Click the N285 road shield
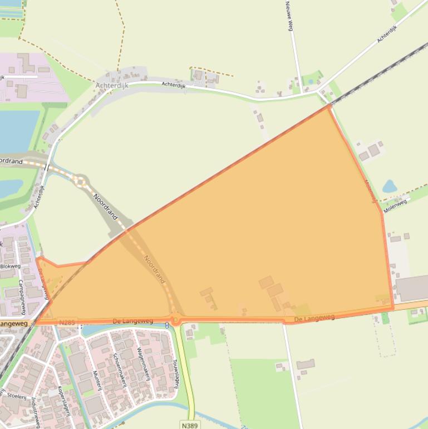coord(67,322)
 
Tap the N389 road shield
coord(190,425)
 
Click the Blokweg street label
coord(9,266)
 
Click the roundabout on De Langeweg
coord(176,320)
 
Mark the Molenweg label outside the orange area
coord(395,204)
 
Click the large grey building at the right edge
coord(412,288)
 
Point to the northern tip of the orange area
coord(328,105)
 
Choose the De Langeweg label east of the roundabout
coord(314,318)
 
